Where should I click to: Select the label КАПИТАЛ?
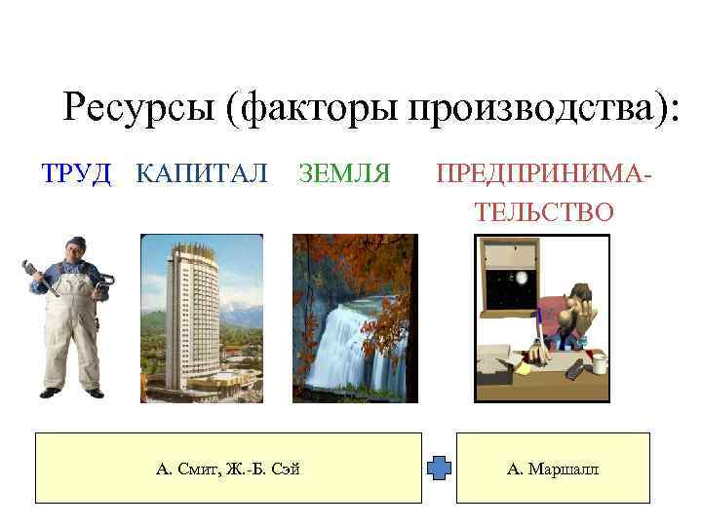click(x=201, y=174)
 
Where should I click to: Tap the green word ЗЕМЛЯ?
click(x=344, y=174)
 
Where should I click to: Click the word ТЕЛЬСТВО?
click(x=544, y=211)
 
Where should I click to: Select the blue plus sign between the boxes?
click(x=440, y=469)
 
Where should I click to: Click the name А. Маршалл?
click(x=553, y=470)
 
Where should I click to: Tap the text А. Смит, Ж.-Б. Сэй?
click(x=228, y=470)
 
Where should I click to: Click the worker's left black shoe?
click(x=51, y=392)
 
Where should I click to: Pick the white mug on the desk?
click(x=601, y=363)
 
